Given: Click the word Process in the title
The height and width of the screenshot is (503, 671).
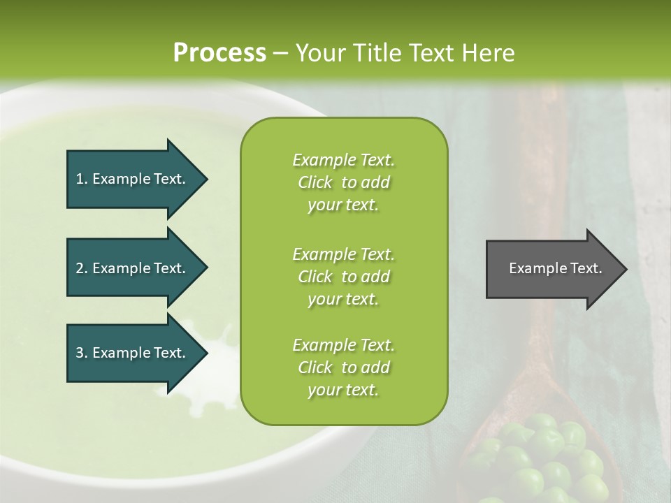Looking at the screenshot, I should (219, 53).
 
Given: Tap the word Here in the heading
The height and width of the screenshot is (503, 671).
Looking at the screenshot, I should (489, 53).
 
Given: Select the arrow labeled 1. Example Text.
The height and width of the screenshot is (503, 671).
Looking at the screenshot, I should (133, 179).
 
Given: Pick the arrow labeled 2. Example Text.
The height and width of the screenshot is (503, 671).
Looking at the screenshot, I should (133, 268).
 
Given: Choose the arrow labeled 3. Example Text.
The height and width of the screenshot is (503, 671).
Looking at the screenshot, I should (133, 353).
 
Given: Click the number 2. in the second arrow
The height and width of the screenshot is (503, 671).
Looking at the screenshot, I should (82, 268).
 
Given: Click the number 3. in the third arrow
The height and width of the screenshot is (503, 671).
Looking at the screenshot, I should (82, 353).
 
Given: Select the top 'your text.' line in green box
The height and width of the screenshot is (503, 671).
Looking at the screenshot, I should (342, 205).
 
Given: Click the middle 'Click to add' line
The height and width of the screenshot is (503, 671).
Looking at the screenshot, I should (343, 277).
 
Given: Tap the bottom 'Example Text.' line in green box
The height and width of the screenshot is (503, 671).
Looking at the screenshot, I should (343, 345).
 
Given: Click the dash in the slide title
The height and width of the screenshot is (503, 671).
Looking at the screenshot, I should (280, 53).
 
